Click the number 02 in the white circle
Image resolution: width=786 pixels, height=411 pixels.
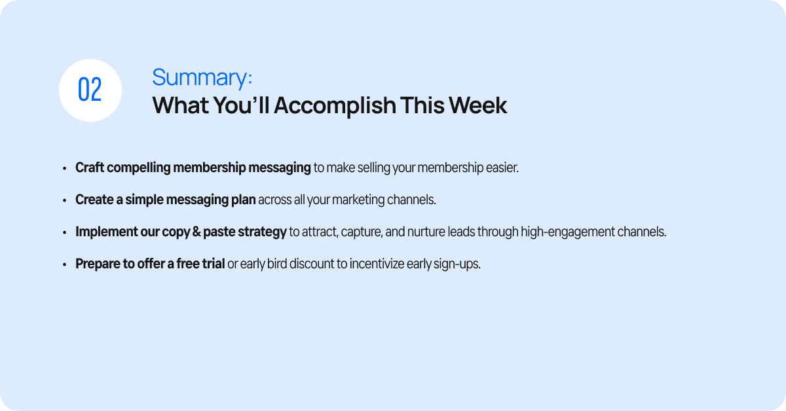[90, 90]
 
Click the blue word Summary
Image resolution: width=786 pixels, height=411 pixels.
[199, 77]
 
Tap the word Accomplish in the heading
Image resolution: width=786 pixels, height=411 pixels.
[335, 106]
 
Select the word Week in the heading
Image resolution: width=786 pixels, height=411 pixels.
[477, 105]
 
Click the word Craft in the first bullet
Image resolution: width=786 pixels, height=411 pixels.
[90, 168]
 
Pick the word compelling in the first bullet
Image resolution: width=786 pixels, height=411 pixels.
[139, 168]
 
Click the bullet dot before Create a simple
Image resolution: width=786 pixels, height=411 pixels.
[65, 200]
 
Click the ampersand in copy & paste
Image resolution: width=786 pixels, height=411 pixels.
[196, 232]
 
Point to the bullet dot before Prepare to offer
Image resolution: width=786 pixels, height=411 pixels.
[65, 265]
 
